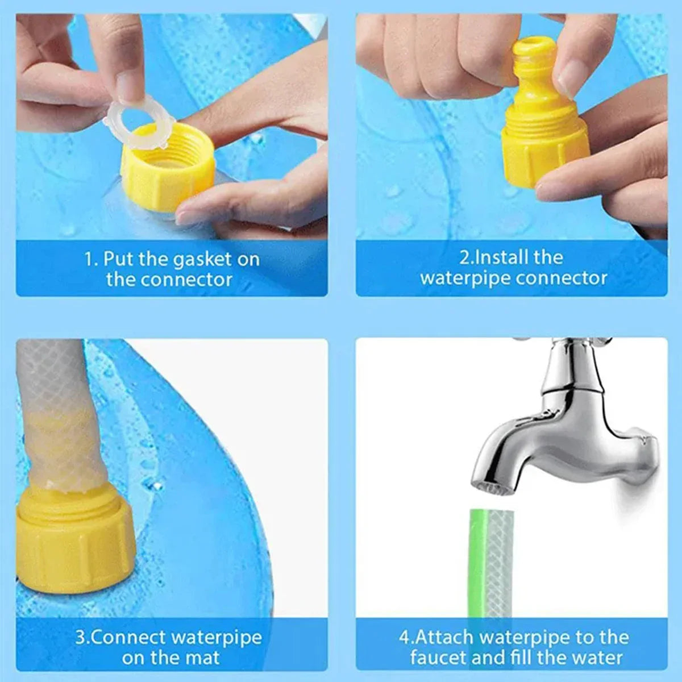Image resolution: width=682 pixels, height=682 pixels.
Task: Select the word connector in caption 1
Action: [186, 280]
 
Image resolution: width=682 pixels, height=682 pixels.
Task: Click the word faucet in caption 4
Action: [438, 658]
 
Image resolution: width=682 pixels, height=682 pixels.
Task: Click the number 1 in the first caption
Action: [88, 260]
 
